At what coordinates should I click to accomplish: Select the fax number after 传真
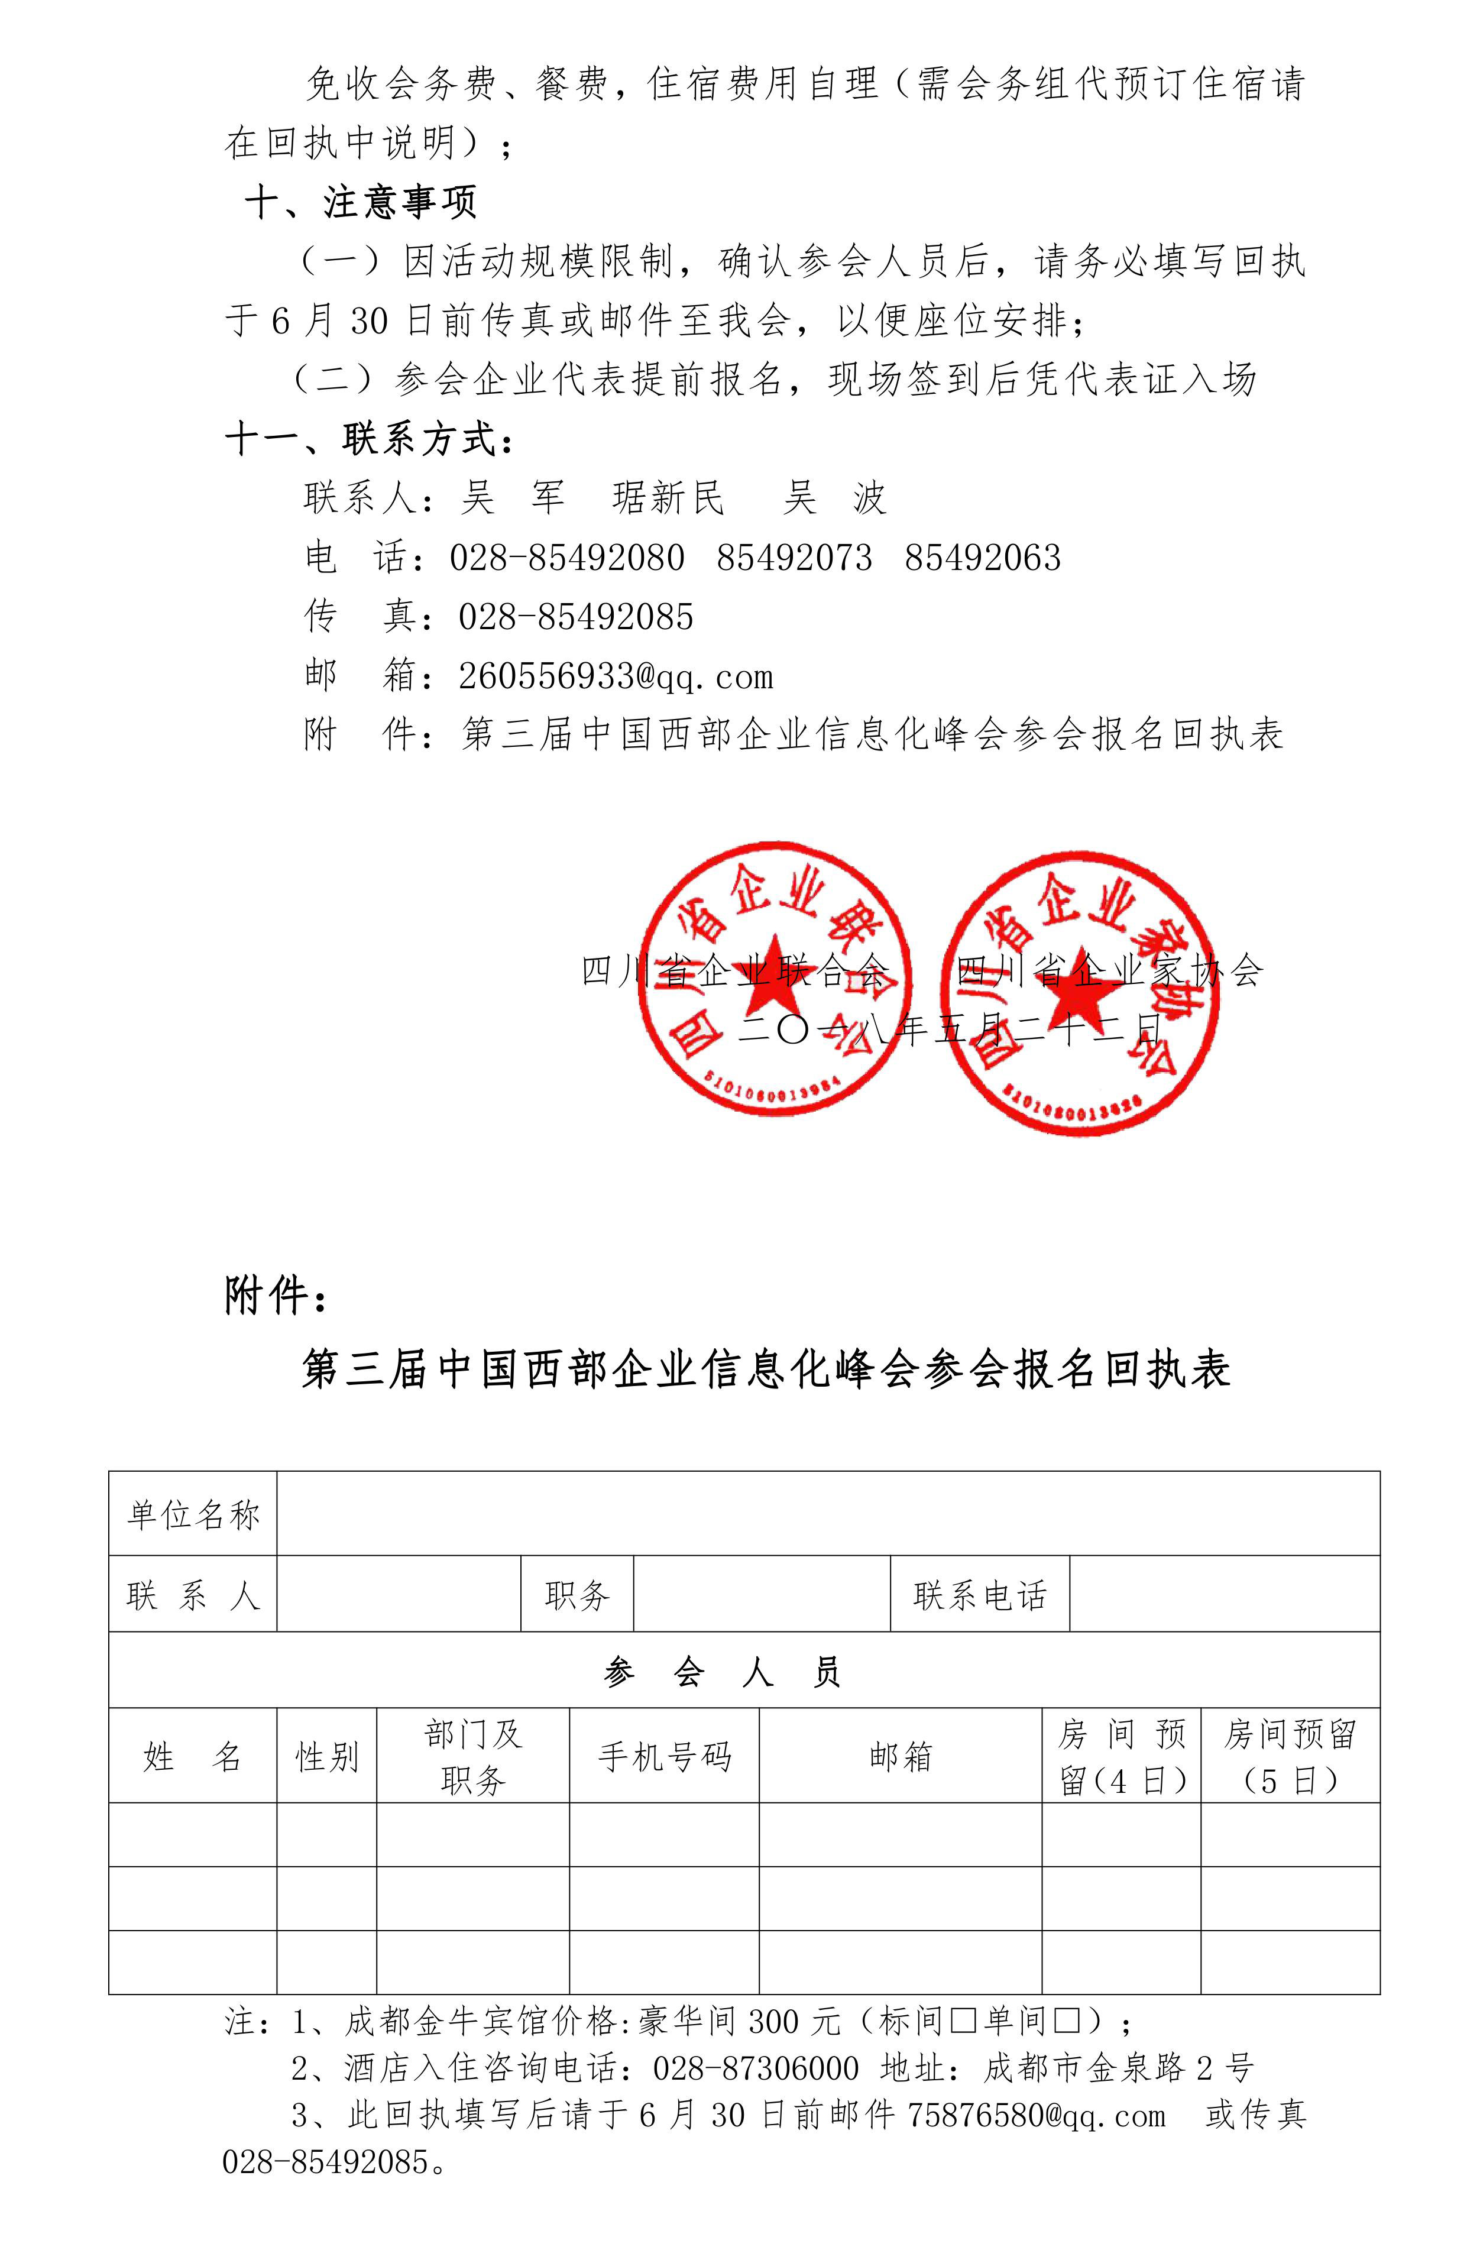[576, 617]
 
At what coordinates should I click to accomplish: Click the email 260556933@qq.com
[616, 676]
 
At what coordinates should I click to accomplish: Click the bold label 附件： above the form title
[276, 1296]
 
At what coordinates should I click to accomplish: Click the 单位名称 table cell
[193, 1516]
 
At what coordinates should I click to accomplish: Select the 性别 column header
[326, 1757]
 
